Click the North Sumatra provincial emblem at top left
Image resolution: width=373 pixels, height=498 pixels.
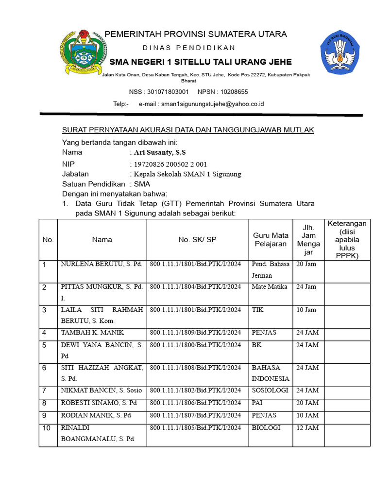[x=83, y=52]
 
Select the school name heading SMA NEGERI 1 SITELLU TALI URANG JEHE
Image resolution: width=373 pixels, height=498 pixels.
[x=201, y=62]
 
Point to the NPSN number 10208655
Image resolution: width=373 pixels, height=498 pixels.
[x=234, y=91]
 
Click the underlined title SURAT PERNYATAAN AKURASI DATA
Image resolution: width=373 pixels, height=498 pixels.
[x=188, y=130]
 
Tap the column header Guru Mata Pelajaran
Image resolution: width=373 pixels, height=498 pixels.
[x=271, y=239]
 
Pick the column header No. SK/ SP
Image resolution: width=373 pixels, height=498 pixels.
[x=198, y=239]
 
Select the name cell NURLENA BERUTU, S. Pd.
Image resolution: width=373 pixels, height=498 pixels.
[x=101, y=264]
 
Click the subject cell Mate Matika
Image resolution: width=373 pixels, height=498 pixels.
[x=270, y=286]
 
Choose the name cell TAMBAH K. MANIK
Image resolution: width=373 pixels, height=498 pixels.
[x=92, y=332]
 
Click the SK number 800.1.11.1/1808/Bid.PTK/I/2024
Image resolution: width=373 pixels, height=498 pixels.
[x=195, y=368]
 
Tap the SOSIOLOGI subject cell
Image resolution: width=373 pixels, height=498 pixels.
[x=270, y=390]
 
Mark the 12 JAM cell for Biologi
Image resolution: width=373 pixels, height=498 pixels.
[x=307, y=428]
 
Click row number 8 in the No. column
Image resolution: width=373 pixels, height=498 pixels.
[x=44, y=403]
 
